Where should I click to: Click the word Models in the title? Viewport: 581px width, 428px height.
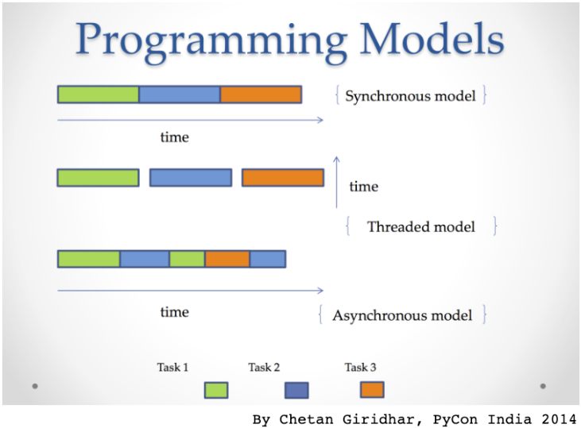[x=420, y=40]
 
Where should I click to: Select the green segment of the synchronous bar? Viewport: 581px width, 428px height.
[x=98, y=94]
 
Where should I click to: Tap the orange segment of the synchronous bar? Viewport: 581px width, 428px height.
[x=261, y=94]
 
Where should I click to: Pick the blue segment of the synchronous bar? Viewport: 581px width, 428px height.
[x=180, y=94]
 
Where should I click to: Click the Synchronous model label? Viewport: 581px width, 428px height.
[x=410, y=96]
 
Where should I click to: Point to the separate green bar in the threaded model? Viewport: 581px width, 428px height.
[x=98, y=177]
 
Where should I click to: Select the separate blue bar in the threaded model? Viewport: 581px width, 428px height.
[x=191, y=177]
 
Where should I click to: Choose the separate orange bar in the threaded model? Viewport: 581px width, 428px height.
[x=282, y=177]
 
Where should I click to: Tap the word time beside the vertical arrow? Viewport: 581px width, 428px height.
[x=363, y=187]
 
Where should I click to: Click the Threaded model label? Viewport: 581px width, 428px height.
[x=420, y=226]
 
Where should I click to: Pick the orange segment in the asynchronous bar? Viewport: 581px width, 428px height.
[x=227, y=259]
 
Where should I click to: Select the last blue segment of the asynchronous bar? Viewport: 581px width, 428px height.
[x=267, y=259]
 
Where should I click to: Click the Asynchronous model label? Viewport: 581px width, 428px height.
[x=402, y=315]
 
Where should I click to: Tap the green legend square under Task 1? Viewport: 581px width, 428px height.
[x=216, y=390]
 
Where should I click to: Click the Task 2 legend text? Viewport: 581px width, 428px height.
[x=264, y=367]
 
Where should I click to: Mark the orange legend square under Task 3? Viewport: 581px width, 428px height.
[x=372, y=389]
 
